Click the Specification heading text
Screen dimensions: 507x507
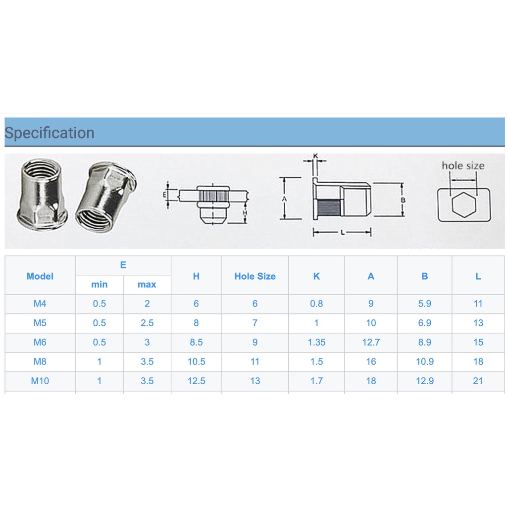point(50,133)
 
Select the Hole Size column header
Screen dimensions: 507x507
point(255,276)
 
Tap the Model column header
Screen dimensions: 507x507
point(40,276)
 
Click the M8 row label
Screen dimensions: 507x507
point(40,361)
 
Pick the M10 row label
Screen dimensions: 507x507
point(40,381)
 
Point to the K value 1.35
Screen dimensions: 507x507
point(316,342)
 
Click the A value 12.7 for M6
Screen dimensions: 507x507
point(371,342)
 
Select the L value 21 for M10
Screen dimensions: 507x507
point(478,381)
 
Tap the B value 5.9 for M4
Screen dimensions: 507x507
point(424,304)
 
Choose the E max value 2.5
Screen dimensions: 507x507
point(147,323)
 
